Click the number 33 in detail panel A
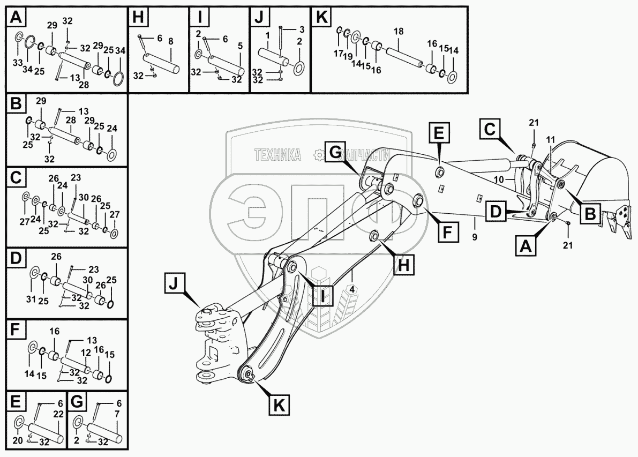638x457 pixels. tap(17, 63)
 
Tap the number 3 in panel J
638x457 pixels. tap(302, 29)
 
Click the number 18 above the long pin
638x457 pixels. tap(398, 32)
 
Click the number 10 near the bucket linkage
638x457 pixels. tap(499, 179)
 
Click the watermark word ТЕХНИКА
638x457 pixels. tap(277, 155)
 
